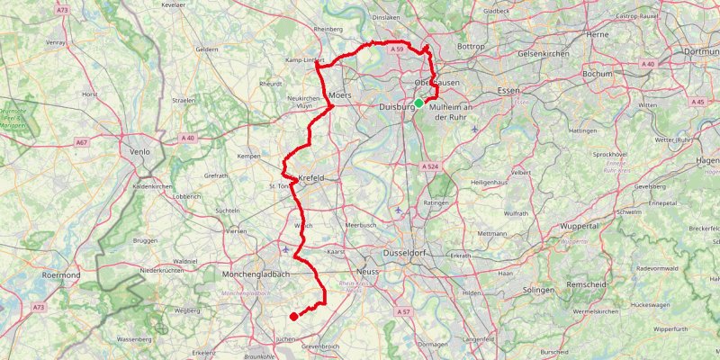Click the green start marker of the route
click(418, 103)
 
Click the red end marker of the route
click(293, 316)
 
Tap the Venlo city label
click(139, 152)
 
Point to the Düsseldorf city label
click(409, 254)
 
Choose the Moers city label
click(339, 94)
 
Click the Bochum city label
click(598, 74)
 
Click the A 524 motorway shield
click(430, 166)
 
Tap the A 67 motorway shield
click(82, 142)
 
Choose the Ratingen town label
click(436, 203)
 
